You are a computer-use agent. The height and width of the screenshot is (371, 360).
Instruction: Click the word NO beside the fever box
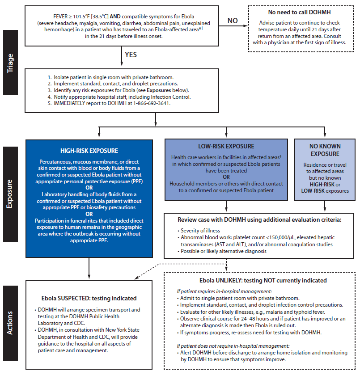pos(233,21)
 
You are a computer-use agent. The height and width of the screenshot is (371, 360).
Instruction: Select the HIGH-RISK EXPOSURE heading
pos(89,151)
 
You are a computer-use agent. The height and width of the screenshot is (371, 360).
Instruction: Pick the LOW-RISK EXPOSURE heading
pos(225,146)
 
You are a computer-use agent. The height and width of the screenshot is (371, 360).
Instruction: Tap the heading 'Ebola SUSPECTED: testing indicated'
pos(89,298)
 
